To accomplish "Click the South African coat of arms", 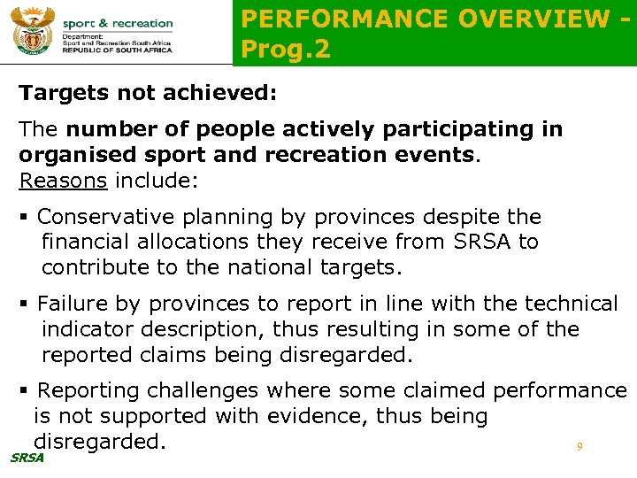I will coord(33,32).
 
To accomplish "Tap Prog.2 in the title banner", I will coord(286,50).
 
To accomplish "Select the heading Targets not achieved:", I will coord(148,92).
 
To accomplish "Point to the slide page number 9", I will coord(579,447).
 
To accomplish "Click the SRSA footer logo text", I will coord(26,457).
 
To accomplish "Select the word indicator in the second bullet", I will coord(89,329).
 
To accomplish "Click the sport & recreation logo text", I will coord(118,23).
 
